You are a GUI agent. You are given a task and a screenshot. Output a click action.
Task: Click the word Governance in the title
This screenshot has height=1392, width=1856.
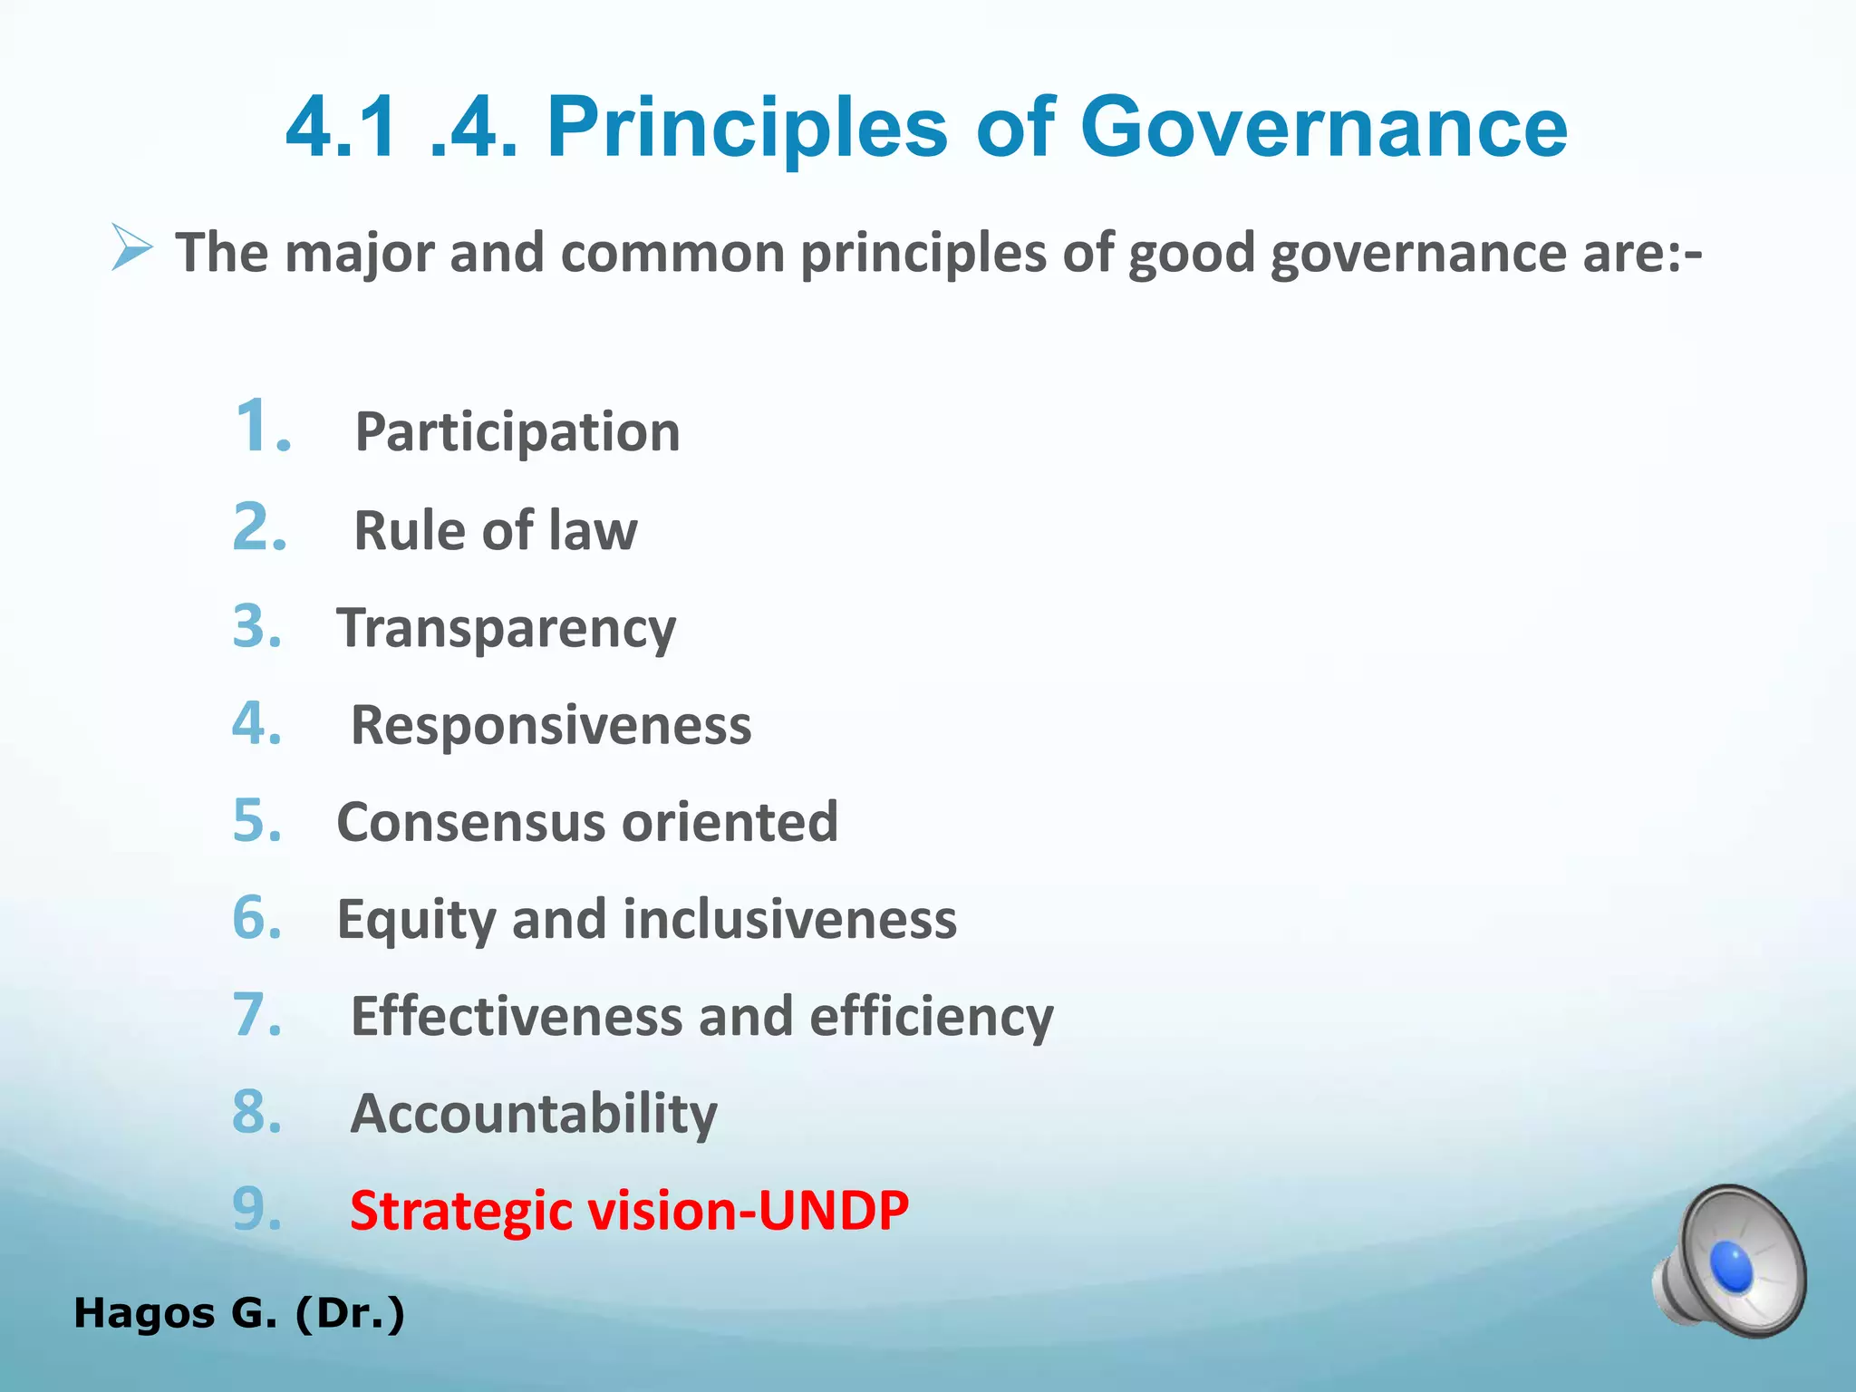tap(1323, 128)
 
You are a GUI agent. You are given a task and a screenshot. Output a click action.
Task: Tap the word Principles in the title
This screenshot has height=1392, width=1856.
tap(747, 128)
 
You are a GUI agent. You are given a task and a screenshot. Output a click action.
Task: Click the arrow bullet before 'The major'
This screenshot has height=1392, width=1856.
tap(131, 247)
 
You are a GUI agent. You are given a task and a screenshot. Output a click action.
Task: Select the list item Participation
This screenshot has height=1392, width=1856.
tap(517, 432)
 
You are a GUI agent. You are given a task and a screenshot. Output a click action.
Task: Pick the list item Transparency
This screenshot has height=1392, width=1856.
tap(506, 628)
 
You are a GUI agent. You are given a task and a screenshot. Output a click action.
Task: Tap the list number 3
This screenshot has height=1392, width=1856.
tap(258, 626)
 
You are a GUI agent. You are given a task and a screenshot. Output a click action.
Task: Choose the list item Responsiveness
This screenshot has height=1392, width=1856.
tap(551, 725)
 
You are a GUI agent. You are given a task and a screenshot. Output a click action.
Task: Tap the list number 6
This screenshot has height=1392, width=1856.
tap(258, 917)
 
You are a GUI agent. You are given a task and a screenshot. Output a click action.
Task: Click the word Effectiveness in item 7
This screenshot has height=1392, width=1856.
tap(515, 1016)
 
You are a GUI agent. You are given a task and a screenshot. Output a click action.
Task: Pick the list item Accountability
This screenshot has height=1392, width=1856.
tap(534, 1114)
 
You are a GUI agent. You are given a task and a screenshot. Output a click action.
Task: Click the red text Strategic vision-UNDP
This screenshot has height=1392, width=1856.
tap(629, 1211)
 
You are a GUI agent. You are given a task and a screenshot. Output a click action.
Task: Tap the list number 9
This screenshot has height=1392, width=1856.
tap(258, 1209)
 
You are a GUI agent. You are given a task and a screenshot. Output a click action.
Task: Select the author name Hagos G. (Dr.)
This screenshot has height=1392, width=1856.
tap(239, 1313)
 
